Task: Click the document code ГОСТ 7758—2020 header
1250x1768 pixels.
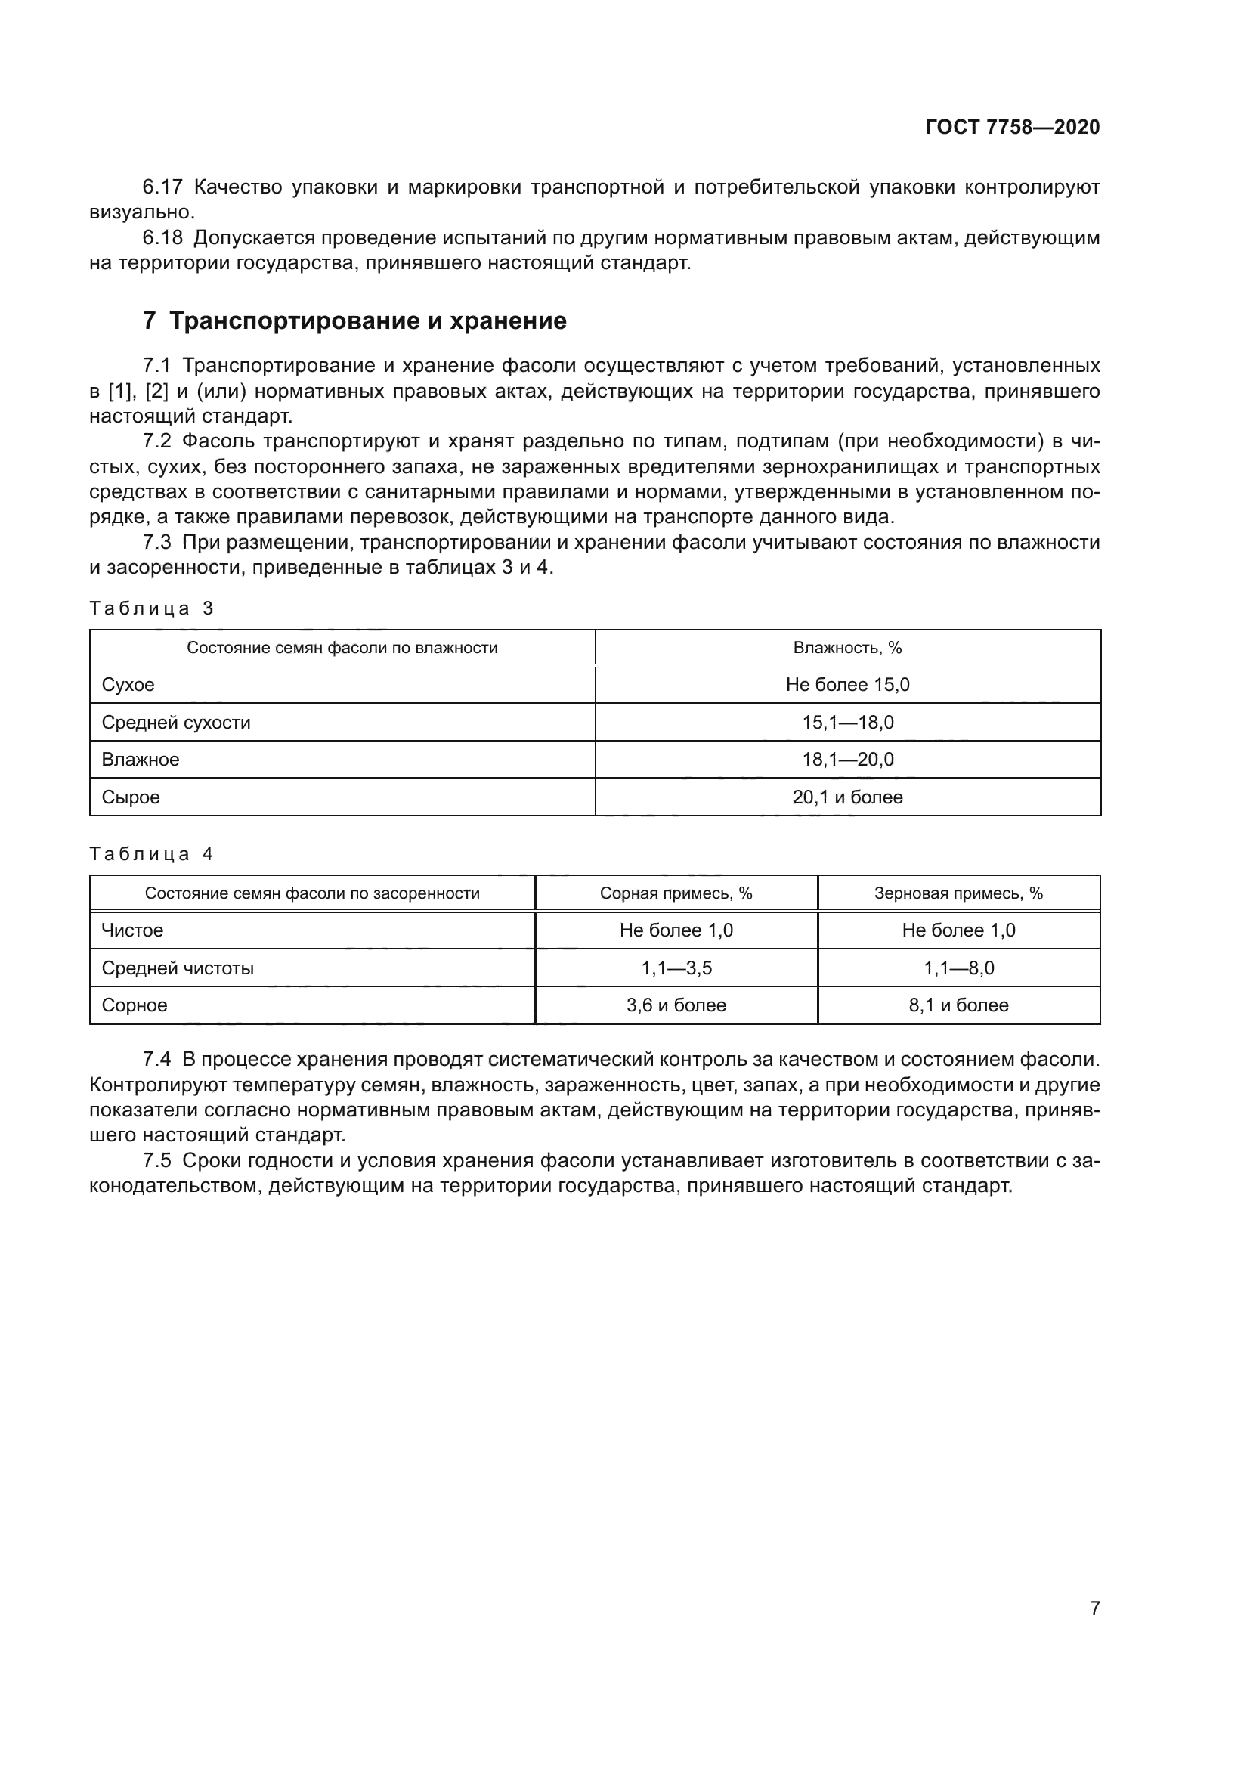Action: click(x=1012, y=127)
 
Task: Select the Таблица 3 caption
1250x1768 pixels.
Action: click(x=152, y=608)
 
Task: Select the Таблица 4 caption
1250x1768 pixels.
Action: click(x=152, y=853)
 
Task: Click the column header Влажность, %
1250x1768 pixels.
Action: click(x=847, y=648)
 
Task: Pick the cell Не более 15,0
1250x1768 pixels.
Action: click(x=847, y=685)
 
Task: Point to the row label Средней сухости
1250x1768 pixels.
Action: click(x=176, y=723)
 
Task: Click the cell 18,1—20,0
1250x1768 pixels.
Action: click(x=847, y=759)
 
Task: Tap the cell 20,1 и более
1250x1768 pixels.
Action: click(x=847, y=797)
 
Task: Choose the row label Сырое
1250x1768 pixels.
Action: click(x=131, y=797)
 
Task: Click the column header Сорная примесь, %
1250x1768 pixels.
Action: click(x=676, y=893)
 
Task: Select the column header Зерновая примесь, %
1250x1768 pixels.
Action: click(x=958, y=893)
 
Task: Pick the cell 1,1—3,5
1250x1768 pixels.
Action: click(x=676, y=968)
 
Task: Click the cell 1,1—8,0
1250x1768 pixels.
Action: click(x=958, y=968)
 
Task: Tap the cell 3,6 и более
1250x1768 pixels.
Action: click(x=676, y=1005)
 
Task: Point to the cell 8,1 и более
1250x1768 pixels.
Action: click(x=958, y=1005)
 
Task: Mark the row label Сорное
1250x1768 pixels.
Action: click(x=135, y=1005)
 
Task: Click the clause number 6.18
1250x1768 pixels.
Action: click(x=163, y=238)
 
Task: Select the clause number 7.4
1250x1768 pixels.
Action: click(x=157, y=1060)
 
